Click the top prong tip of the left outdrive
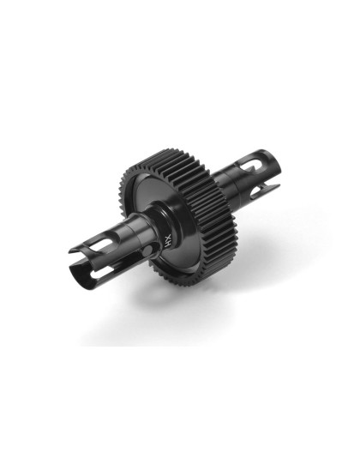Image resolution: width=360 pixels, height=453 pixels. click(x=73, y=250)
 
